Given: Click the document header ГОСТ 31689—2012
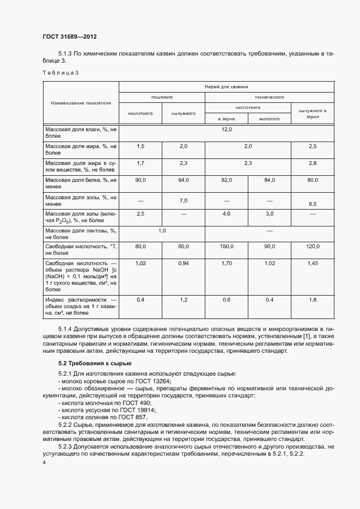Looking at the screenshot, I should (x=69, y=36).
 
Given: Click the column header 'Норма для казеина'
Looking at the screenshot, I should (x=226, y=87).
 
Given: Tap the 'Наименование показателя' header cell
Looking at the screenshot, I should (x=81, y=102).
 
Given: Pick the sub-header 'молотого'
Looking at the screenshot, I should (x=269, y=118).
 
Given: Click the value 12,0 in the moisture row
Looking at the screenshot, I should (x=227, y=130).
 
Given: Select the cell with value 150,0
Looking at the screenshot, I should (x=227, y=247).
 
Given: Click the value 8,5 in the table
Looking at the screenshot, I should (x=313, y=204).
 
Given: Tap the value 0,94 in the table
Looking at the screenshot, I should (x=184, y=263).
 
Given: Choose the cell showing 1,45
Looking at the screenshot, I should (x=313, y=263).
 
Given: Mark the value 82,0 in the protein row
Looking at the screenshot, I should (x=227, y=180).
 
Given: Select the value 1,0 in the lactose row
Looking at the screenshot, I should (x=162, y=231).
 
